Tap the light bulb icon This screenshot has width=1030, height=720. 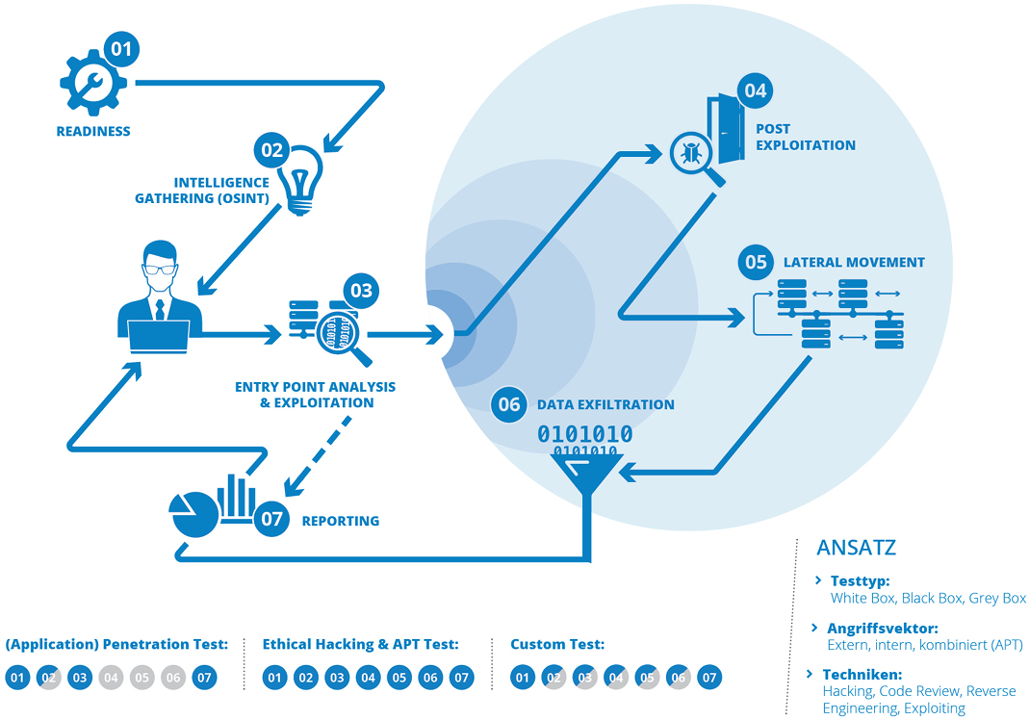[x=301, y=180]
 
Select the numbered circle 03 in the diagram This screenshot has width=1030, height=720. [x=361, y=290]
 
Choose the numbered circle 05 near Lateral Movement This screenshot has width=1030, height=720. [x=756, y=262]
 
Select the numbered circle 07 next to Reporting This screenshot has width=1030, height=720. [x=272, y=520]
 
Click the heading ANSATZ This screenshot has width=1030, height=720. [x=856, y=548]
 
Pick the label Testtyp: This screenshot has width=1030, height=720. [x=860, y=581]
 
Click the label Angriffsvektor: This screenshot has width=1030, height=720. [x=883, y=629]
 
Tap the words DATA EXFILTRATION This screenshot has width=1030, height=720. [x=605, y=405]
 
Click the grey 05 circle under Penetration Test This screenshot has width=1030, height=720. [x=142, y=678]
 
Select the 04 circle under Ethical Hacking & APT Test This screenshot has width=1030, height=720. [x=368, y=678]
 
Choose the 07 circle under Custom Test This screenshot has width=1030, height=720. [x=709, y=678]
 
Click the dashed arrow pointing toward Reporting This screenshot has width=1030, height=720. [x=318, y=452]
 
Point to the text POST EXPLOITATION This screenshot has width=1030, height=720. [x=805, y=137]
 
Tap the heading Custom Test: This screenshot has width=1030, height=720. [x=557, y=644]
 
